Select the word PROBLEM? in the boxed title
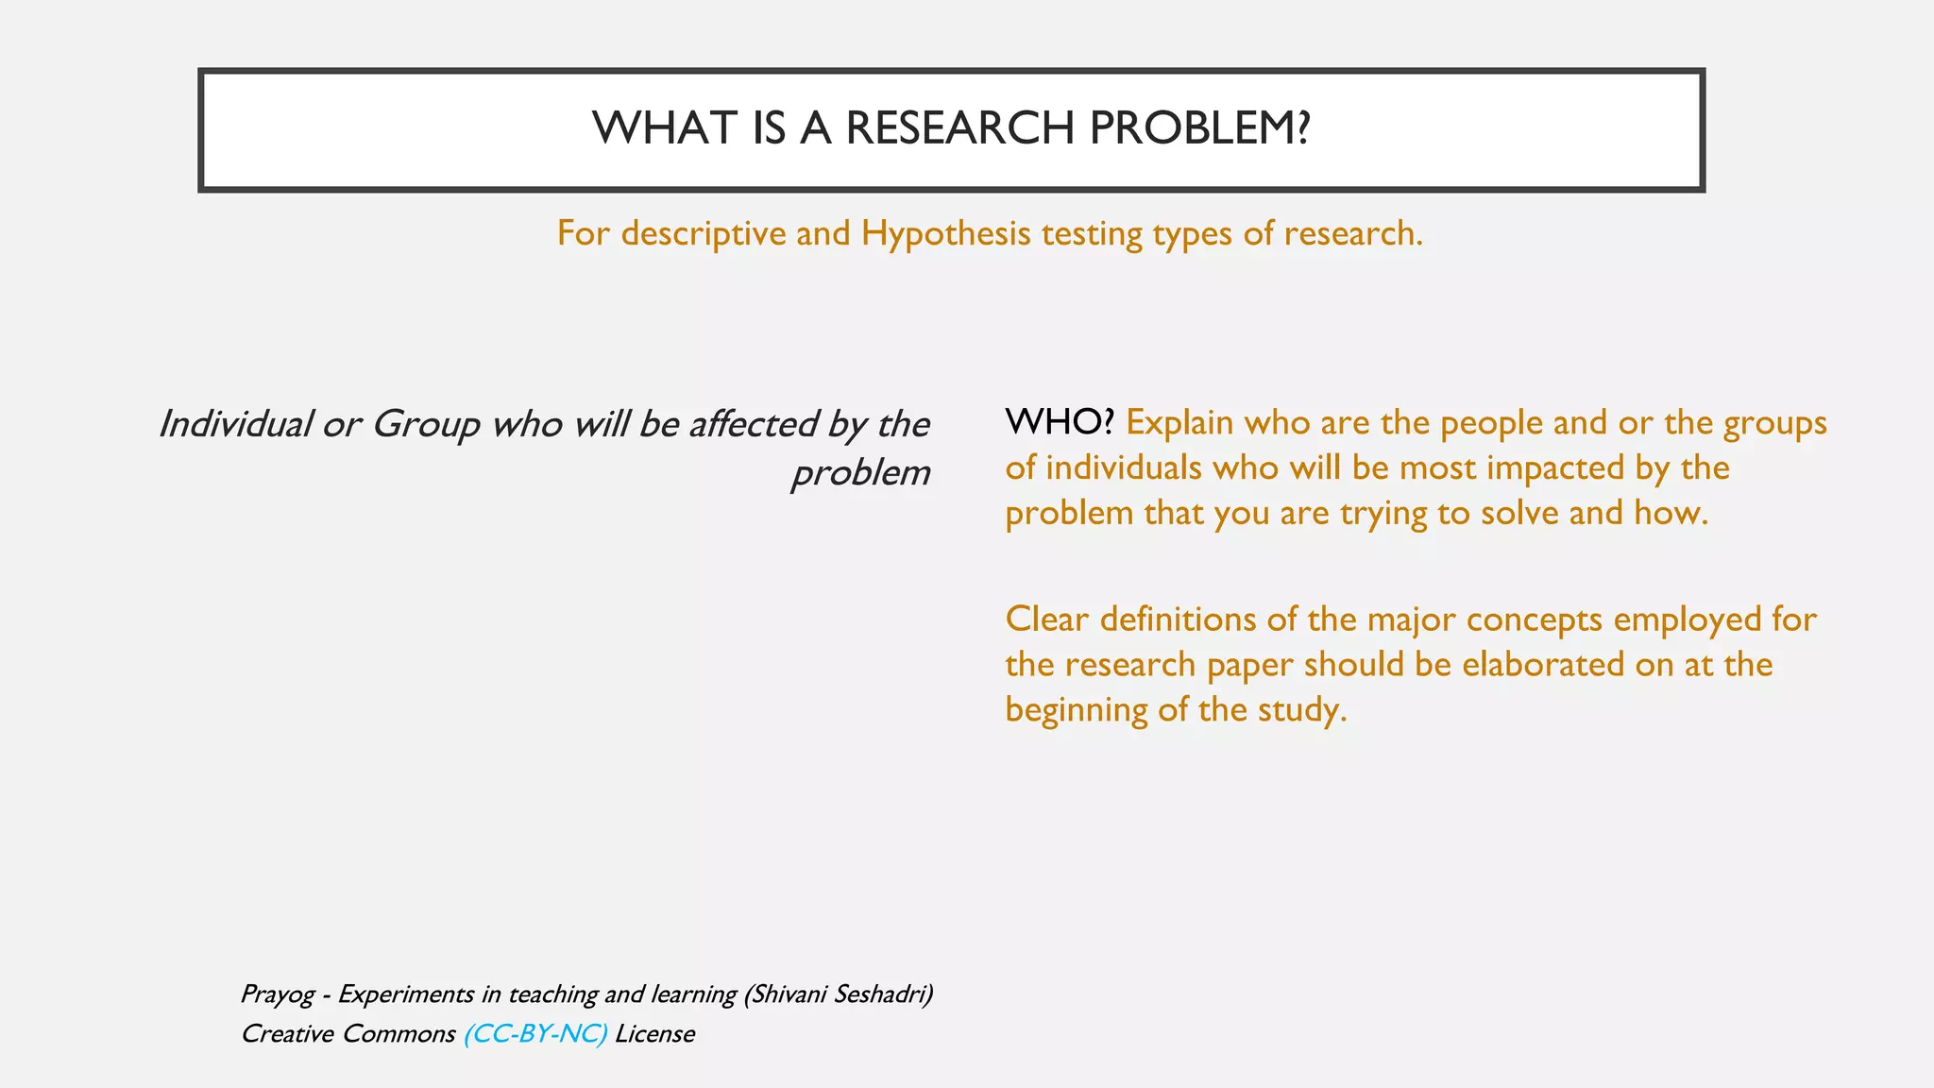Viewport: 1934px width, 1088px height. click(1199, 128)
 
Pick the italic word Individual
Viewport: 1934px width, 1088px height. click(235, 424)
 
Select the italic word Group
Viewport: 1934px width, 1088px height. click(426, 424)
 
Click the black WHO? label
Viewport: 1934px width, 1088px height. click(1060, 422)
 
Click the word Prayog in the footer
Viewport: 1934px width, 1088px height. click(277, 994)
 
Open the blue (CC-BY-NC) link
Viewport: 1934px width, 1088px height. click(535, 1034)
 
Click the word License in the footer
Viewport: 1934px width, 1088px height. click(654, 1034)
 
